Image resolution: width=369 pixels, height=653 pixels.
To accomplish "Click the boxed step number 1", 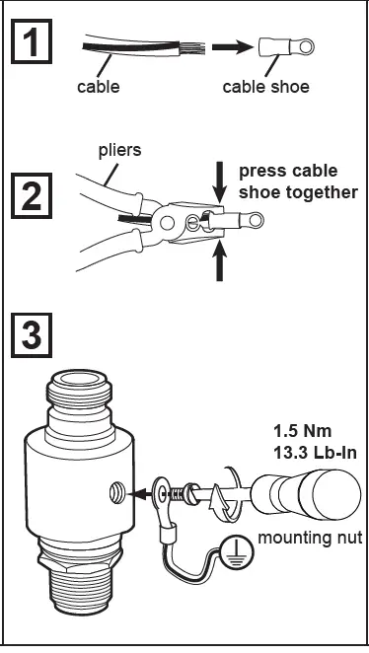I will pyautogui.click(x=34, y=44).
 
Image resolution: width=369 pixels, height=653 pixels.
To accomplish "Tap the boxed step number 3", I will pyautogui.click(x=34, y=335).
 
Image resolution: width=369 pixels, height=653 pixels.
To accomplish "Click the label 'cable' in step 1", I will pyautogui.click(x=98, y=87).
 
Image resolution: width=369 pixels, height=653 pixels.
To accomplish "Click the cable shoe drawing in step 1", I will pyautogui.click(x=279, y=44).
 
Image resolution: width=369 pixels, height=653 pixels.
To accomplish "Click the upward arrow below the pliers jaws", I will pyautogui.click(x=219, y=262).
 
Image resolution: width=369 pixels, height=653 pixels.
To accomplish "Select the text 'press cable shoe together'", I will pyautogui.click(x=297, y=181).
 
